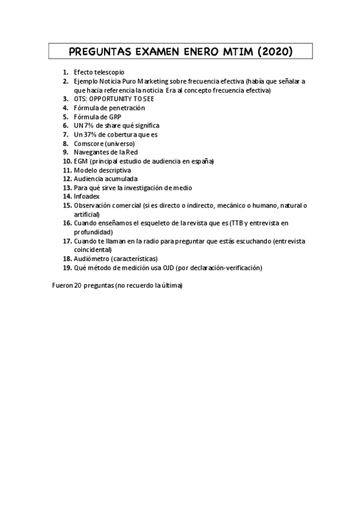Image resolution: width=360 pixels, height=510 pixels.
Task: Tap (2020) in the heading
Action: [275, 52]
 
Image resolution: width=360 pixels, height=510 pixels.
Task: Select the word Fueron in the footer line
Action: [63, 286]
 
